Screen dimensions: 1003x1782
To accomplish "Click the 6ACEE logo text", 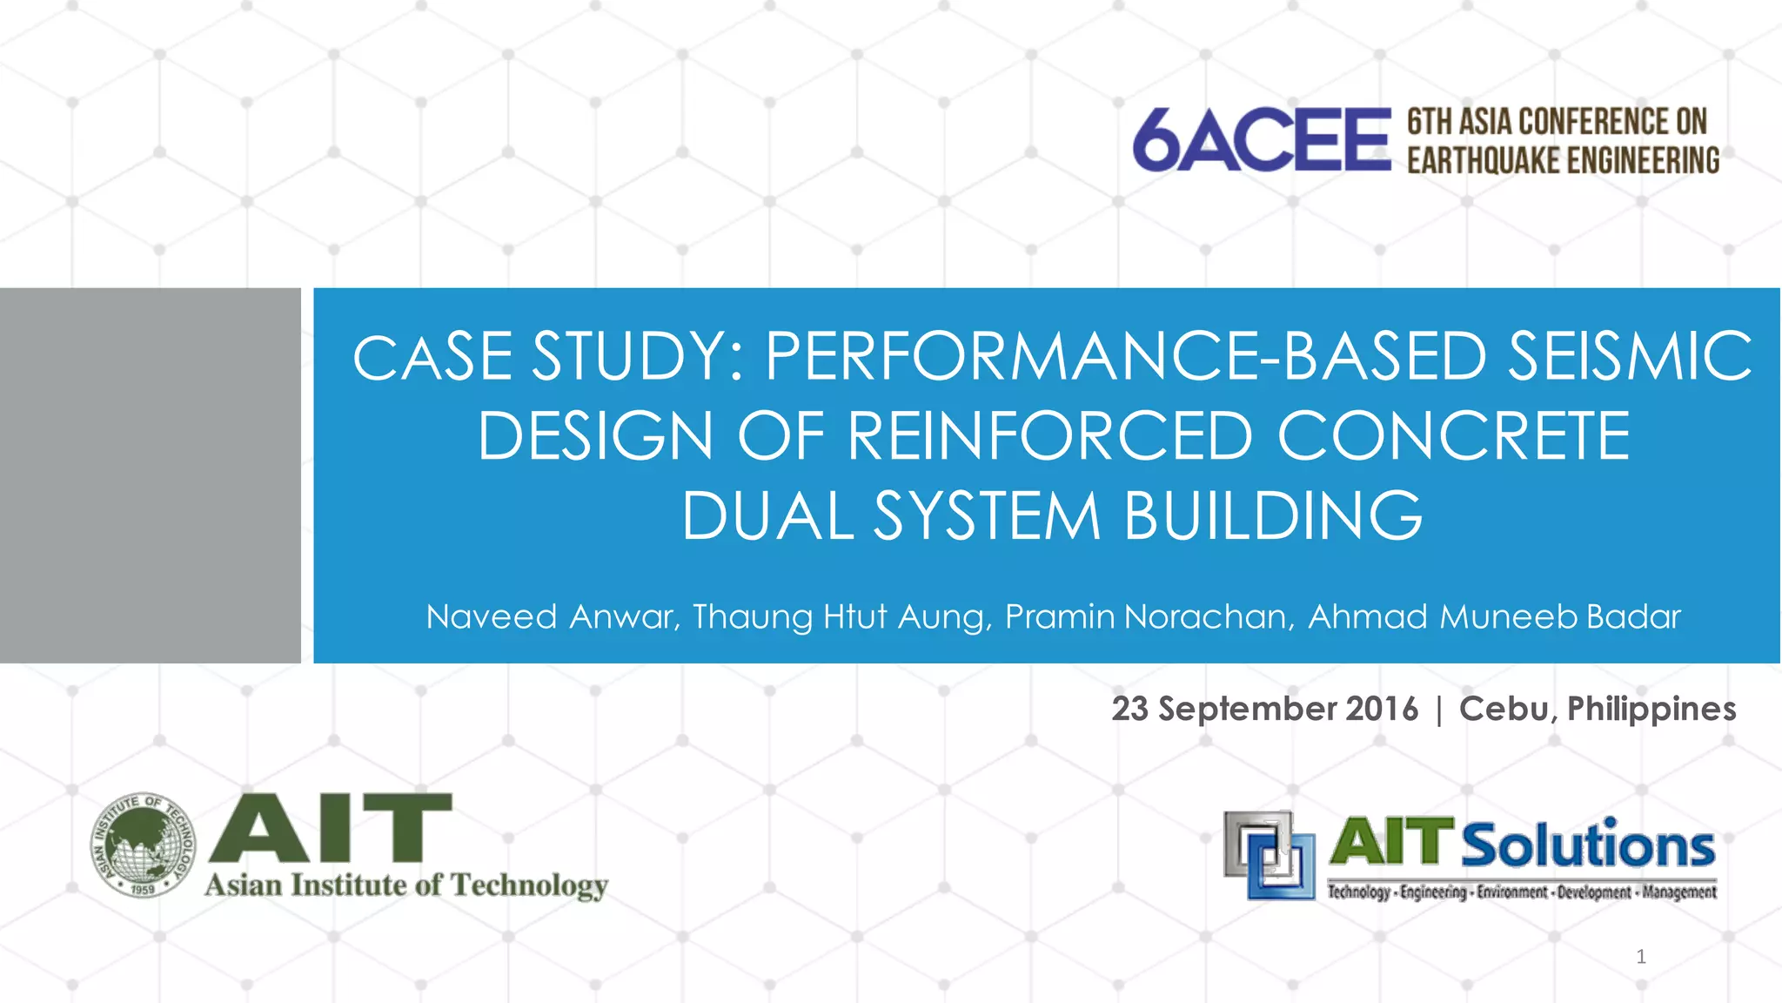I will [1262, 139].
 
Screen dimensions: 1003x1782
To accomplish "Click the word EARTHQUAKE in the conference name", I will [1483, 161].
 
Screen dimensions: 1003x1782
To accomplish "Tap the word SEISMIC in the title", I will [1630, 357].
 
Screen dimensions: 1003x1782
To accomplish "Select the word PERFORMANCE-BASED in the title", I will [1125, 357].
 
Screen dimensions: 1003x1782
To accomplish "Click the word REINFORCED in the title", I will [1050, 436].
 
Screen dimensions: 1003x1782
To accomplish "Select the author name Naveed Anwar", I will [552, 617].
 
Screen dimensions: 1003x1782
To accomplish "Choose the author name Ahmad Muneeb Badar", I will [1494, 617].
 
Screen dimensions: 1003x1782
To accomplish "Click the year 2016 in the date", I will [1381, 709].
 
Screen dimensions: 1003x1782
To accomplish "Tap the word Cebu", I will [1507, 709].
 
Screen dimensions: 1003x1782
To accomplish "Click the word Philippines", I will [1651, 709].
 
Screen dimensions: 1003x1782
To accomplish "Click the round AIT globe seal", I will [144, 845].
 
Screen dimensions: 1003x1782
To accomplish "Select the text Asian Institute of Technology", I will [406, 885].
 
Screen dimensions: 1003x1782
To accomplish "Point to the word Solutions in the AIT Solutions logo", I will [1587, 845].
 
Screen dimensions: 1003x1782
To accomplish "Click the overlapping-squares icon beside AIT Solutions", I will [1270, 855].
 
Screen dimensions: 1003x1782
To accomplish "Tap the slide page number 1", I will [1641, 957].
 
